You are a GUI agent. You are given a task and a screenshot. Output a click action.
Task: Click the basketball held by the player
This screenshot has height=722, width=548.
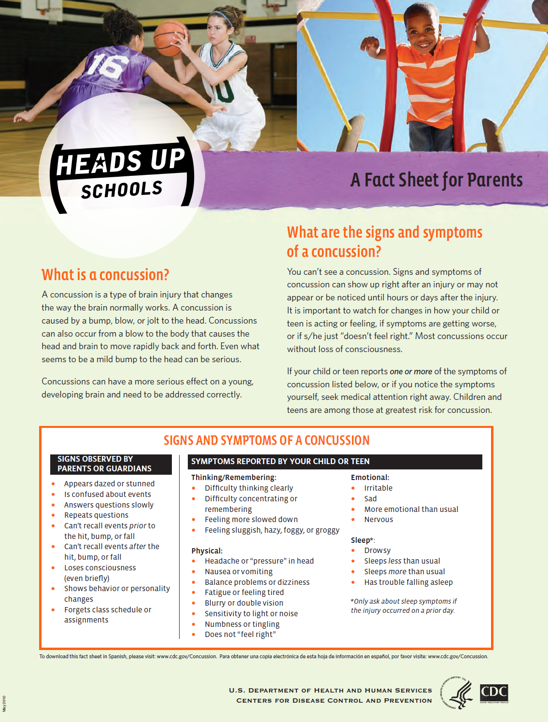tap(169, 37)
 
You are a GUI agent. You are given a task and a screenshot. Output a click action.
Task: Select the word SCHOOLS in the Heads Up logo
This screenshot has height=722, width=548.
tap(122, 190)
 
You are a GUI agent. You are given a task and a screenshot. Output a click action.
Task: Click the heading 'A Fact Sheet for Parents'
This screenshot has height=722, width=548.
tap(436, 180)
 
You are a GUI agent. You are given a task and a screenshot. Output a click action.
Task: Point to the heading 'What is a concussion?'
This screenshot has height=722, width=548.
tap(105, 275)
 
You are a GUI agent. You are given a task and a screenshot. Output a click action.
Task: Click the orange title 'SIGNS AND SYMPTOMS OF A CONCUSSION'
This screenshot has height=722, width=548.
tap(267, 440)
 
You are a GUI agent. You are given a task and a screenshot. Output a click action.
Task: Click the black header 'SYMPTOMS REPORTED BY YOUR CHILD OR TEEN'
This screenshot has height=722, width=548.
tap(280, 461)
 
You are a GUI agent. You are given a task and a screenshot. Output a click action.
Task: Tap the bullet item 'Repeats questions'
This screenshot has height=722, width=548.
tap(96, 515)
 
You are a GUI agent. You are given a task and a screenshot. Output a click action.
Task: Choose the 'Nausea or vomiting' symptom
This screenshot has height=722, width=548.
tap(239, 572)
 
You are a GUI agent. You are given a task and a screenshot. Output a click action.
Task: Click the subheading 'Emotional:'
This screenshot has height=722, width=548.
tap(370, 477)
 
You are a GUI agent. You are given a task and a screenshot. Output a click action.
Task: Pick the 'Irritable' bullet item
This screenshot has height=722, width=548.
tap(378, 488)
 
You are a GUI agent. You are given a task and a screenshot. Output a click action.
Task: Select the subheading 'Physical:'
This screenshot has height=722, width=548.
tap(207, 551)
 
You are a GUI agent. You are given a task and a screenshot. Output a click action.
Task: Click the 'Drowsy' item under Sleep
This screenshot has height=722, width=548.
tap(377, 551)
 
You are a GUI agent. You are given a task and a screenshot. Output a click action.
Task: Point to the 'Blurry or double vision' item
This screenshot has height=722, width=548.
tap(244, 603)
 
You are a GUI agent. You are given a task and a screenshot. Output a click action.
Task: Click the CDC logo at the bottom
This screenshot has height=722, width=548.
tap(494, 693)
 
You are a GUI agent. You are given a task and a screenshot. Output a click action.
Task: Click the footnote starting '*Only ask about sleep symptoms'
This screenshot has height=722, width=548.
tap(404, 606)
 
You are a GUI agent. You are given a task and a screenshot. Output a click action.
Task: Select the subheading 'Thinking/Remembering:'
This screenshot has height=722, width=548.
tap(234, 477)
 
